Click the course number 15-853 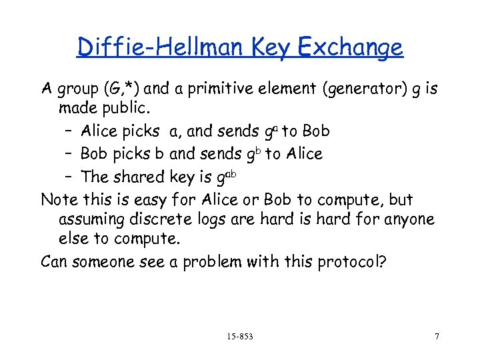(240, 335)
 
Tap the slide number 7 (437, 335)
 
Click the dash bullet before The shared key (69, 177)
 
